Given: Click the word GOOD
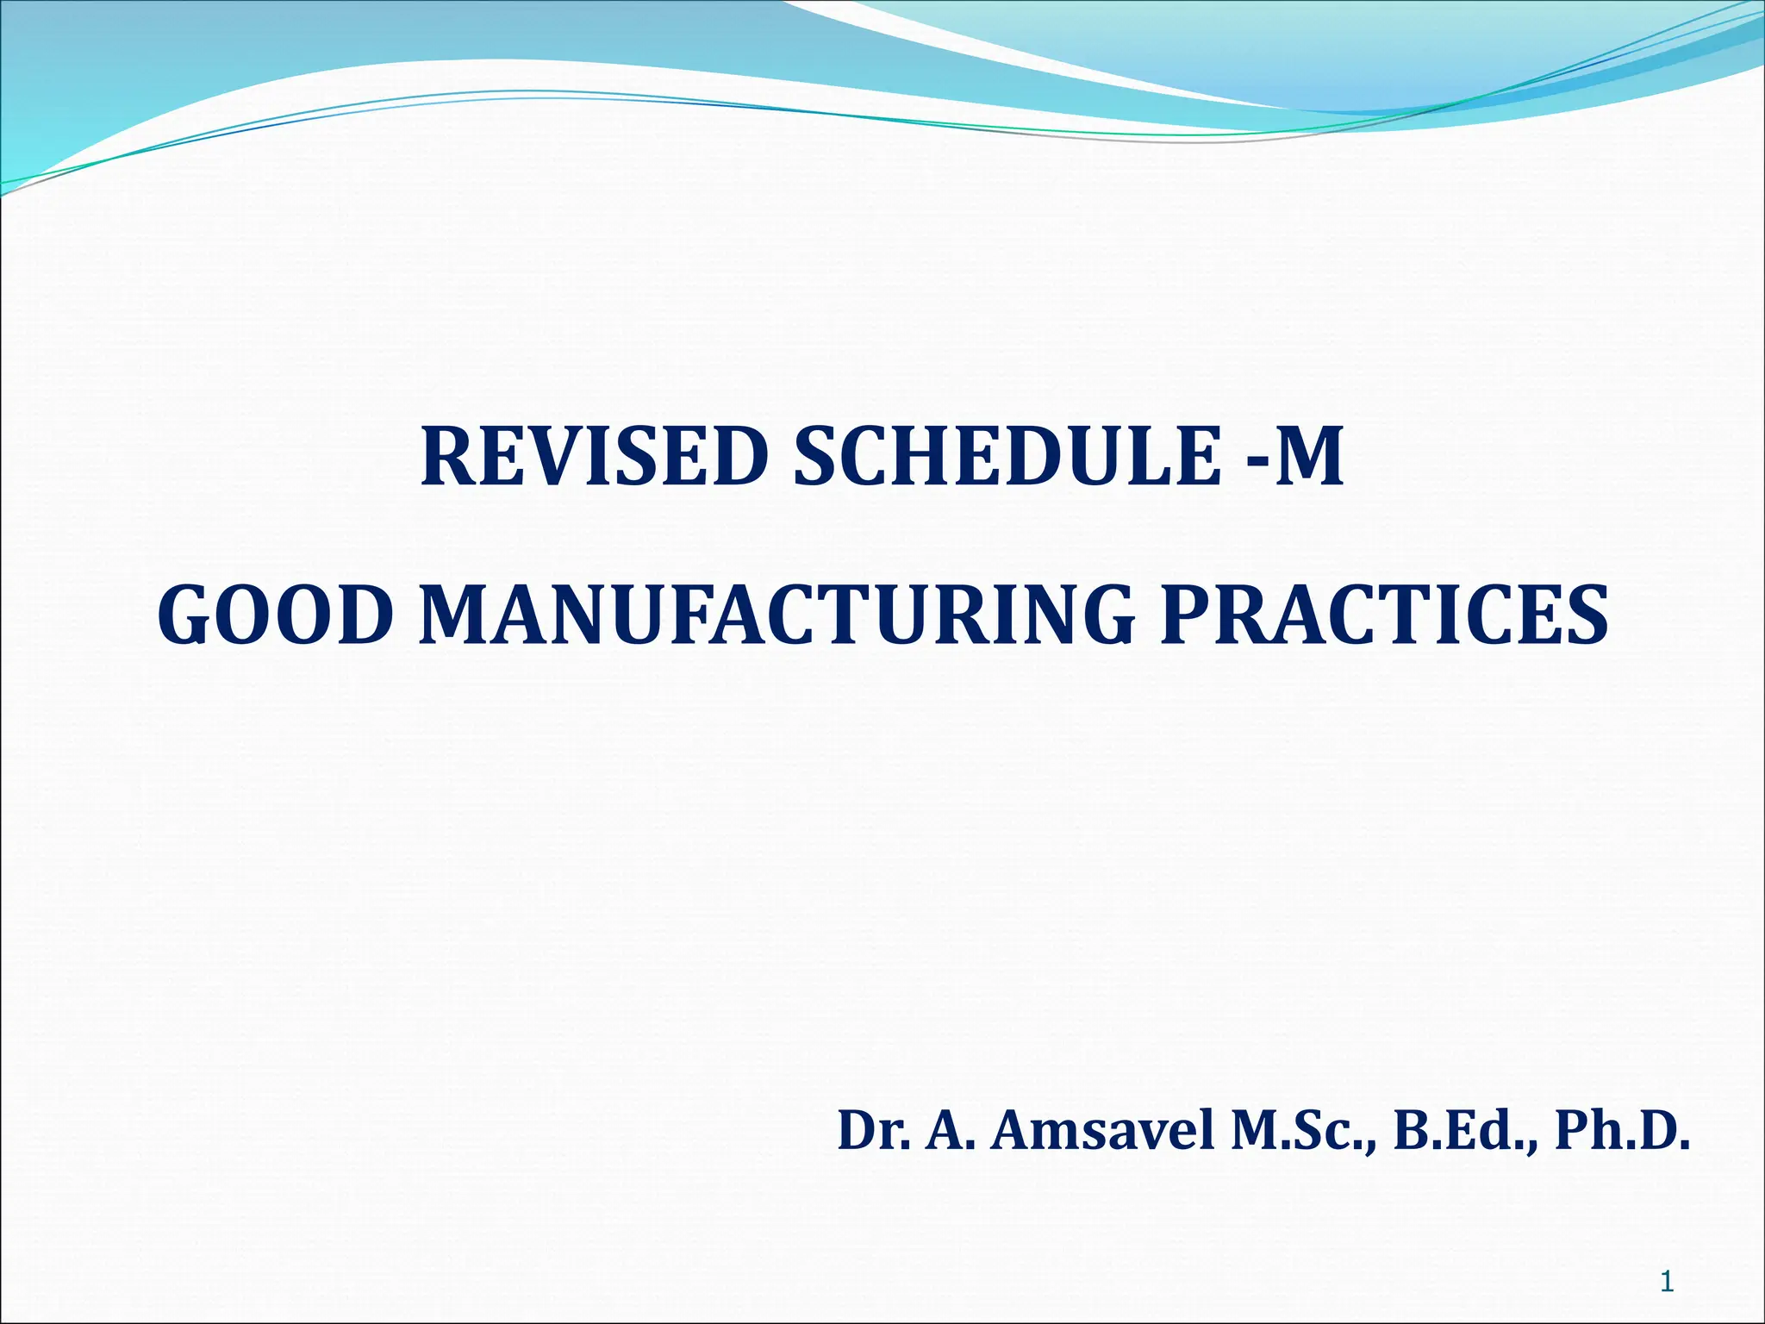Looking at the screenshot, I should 271,615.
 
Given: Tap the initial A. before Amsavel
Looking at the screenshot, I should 951,1131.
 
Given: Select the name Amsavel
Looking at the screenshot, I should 1102,1131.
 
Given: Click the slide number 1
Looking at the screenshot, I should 1667,1283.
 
